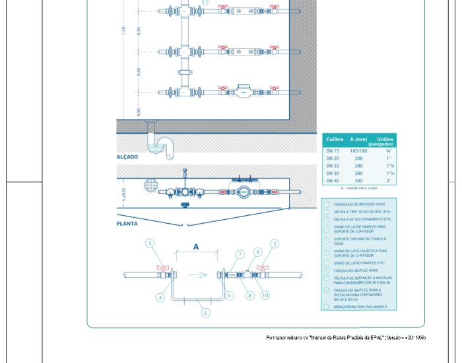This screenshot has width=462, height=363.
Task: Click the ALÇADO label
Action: coord(127,157)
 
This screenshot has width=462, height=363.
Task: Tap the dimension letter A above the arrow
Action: coord(195,246)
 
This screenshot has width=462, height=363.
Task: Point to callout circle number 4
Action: coord(160,298)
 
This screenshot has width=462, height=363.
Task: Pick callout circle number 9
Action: coord(257,251)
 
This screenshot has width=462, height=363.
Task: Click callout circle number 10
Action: coord(265,295)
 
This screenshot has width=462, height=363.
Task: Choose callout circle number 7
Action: coord(240,254)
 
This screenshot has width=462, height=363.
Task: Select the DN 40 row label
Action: coord(333,180)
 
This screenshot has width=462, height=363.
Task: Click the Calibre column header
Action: coord(333,139)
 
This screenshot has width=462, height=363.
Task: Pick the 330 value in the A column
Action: coord(358,180)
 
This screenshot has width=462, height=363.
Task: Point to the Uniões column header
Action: coord(385,139)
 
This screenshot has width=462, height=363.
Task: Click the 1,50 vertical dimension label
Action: coord(123,30)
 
